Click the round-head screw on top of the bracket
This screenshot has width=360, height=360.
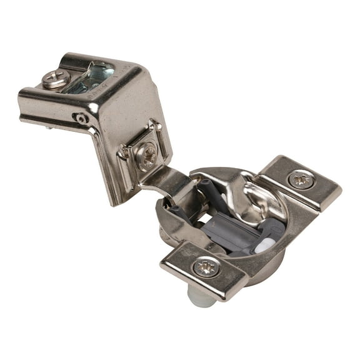(56, 78)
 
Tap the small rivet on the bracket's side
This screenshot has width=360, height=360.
(80, 117)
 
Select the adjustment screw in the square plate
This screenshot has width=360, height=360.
(147, 154)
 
